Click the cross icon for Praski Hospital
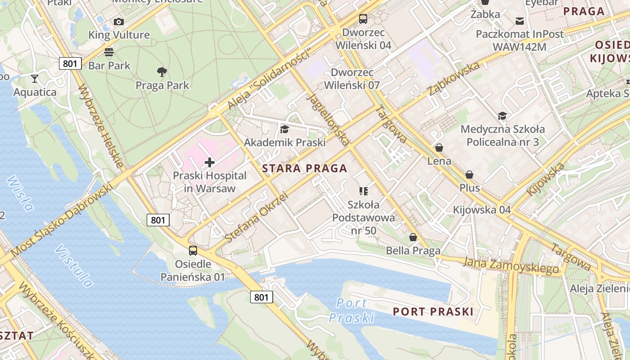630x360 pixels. pyautogui.click(x=210, y=162)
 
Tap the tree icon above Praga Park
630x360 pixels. pyautogui.click(x=162, y=72)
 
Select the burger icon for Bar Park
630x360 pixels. pyautogui.click(x=109, y=52)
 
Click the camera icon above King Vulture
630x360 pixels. pyautogui.click(x=119, y=22)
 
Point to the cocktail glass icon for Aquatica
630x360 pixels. pyautogui.click(x=35, y=79)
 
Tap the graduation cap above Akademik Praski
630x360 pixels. pyautogui.click(x=284, y=130)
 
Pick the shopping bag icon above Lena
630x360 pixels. pyautogui.click(x=439, y=148)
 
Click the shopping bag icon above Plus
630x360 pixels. pyautogui.click(x=469, y=175)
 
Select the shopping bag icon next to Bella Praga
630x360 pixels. pyautogui.click(x=413, y=237)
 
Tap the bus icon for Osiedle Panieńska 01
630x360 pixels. pyautogui.click(x=193, y=251)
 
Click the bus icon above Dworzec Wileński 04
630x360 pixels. pyautogui.click(x=363, y=19)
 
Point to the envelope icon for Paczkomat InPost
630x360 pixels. pyautogui.click(x=520, y=21)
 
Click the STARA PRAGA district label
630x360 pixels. pyautogui.click(x=305, y=169)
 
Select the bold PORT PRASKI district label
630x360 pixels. pyautogui.click(x=433, y=311)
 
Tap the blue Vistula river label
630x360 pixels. pyautogui.click(x=74, y=266)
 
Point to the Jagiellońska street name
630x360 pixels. pyautogui.click(x=328, y=119)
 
